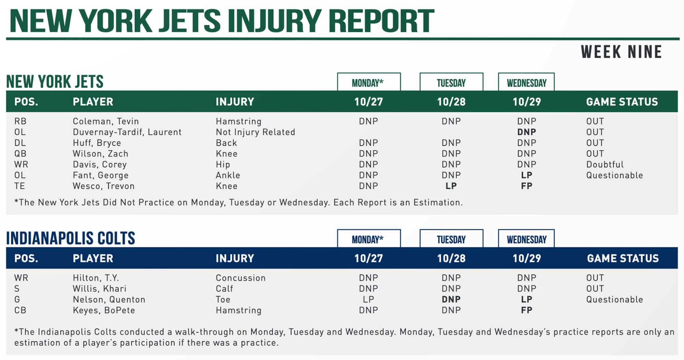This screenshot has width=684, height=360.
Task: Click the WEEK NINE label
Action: coord(621,52)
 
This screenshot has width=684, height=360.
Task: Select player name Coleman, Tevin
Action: coord(106,121)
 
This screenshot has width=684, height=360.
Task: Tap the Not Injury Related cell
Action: coord(255,132)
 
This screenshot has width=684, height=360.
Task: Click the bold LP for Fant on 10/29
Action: coord(526,175)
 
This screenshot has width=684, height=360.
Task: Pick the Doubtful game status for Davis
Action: coord(605,164)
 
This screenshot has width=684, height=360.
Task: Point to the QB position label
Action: coord(20,154)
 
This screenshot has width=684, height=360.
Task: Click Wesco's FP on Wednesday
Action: coord(526,186)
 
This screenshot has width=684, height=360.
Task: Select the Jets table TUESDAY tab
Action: coord(451,83)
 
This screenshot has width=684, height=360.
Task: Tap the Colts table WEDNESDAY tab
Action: coord(526,239)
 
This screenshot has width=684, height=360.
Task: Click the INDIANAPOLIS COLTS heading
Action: coord(71,238)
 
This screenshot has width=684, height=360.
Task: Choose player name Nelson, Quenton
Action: coord(109,299)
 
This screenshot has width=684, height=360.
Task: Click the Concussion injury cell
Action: coord(240,278)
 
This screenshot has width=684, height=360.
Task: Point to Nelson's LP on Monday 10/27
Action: coord(368,299)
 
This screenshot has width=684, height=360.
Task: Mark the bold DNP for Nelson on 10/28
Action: coord(451,299)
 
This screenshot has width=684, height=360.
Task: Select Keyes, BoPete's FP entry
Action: coord(526,310)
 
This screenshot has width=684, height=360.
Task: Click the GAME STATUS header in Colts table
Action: coord(623,258)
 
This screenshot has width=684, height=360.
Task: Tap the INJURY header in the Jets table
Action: coord(235,102)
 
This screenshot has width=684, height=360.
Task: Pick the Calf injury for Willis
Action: coord(224,289)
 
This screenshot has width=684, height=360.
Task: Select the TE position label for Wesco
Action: coord(19,186)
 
